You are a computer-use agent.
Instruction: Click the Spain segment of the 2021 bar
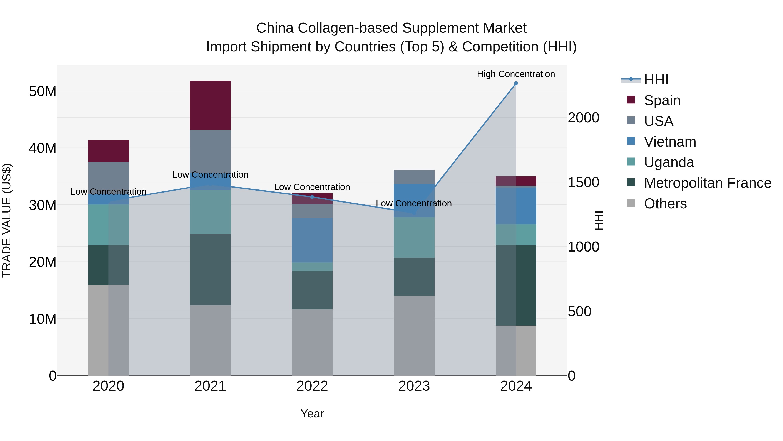click(210, 105)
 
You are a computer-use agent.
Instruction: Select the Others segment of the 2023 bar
click(414, 335)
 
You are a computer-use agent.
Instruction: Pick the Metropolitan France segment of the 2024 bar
click(516, 285)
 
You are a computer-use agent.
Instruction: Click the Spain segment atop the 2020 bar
click(108, 151)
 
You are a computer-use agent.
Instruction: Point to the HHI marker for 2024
click(516, 83)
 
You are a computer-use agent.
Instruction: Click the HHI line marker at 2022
click(312, 197)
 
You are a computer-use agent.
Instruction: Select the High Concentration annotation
click(516, 74)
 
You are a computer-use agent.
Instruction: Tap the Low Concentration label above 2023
click(414, 203)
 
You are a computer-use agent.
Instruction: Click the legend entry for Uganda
click(669, 162)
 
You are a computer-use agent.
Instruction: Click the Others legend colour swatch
click(631, 203)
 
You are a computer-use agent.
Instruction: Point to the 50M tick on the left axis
click(43, 91)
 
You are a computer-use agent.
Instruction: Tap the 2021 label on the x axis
click(210, 386)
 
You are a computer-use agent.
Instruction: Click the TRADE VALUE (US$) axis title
click(7, 220)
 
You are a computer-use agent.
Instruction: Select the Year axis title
click(312, 414)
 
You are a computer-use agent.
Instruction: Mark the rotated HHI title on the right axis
click(599, 220)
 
